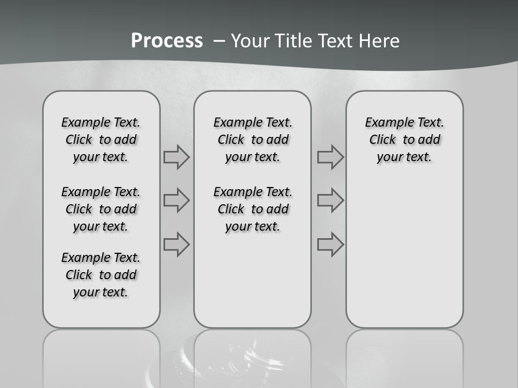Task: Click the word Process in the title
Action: coord(167,40)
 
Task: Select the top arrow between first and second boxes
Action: coord(176,157)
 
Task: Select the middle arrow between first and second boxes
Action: coord(176,200)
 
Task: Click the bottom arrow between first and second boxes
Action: coord(176,245)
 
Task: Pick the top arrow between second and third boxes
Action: coord(330,157)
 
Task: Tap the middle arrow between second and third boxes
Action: coord(330,200)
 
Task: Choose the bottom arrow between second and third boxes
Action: coord(330,245)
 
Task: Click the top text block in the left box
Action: coord(101,140)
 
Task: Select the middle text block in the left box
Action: coord(101,209)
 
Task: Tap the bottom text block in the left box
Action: coord(101,275)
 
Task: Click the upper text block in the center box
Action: coord(253,140)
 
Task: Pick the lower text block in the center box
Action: coord(253,209)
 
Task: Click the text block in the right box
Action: coord(405,140)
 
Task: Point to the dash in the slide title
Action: coord(219,40)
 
